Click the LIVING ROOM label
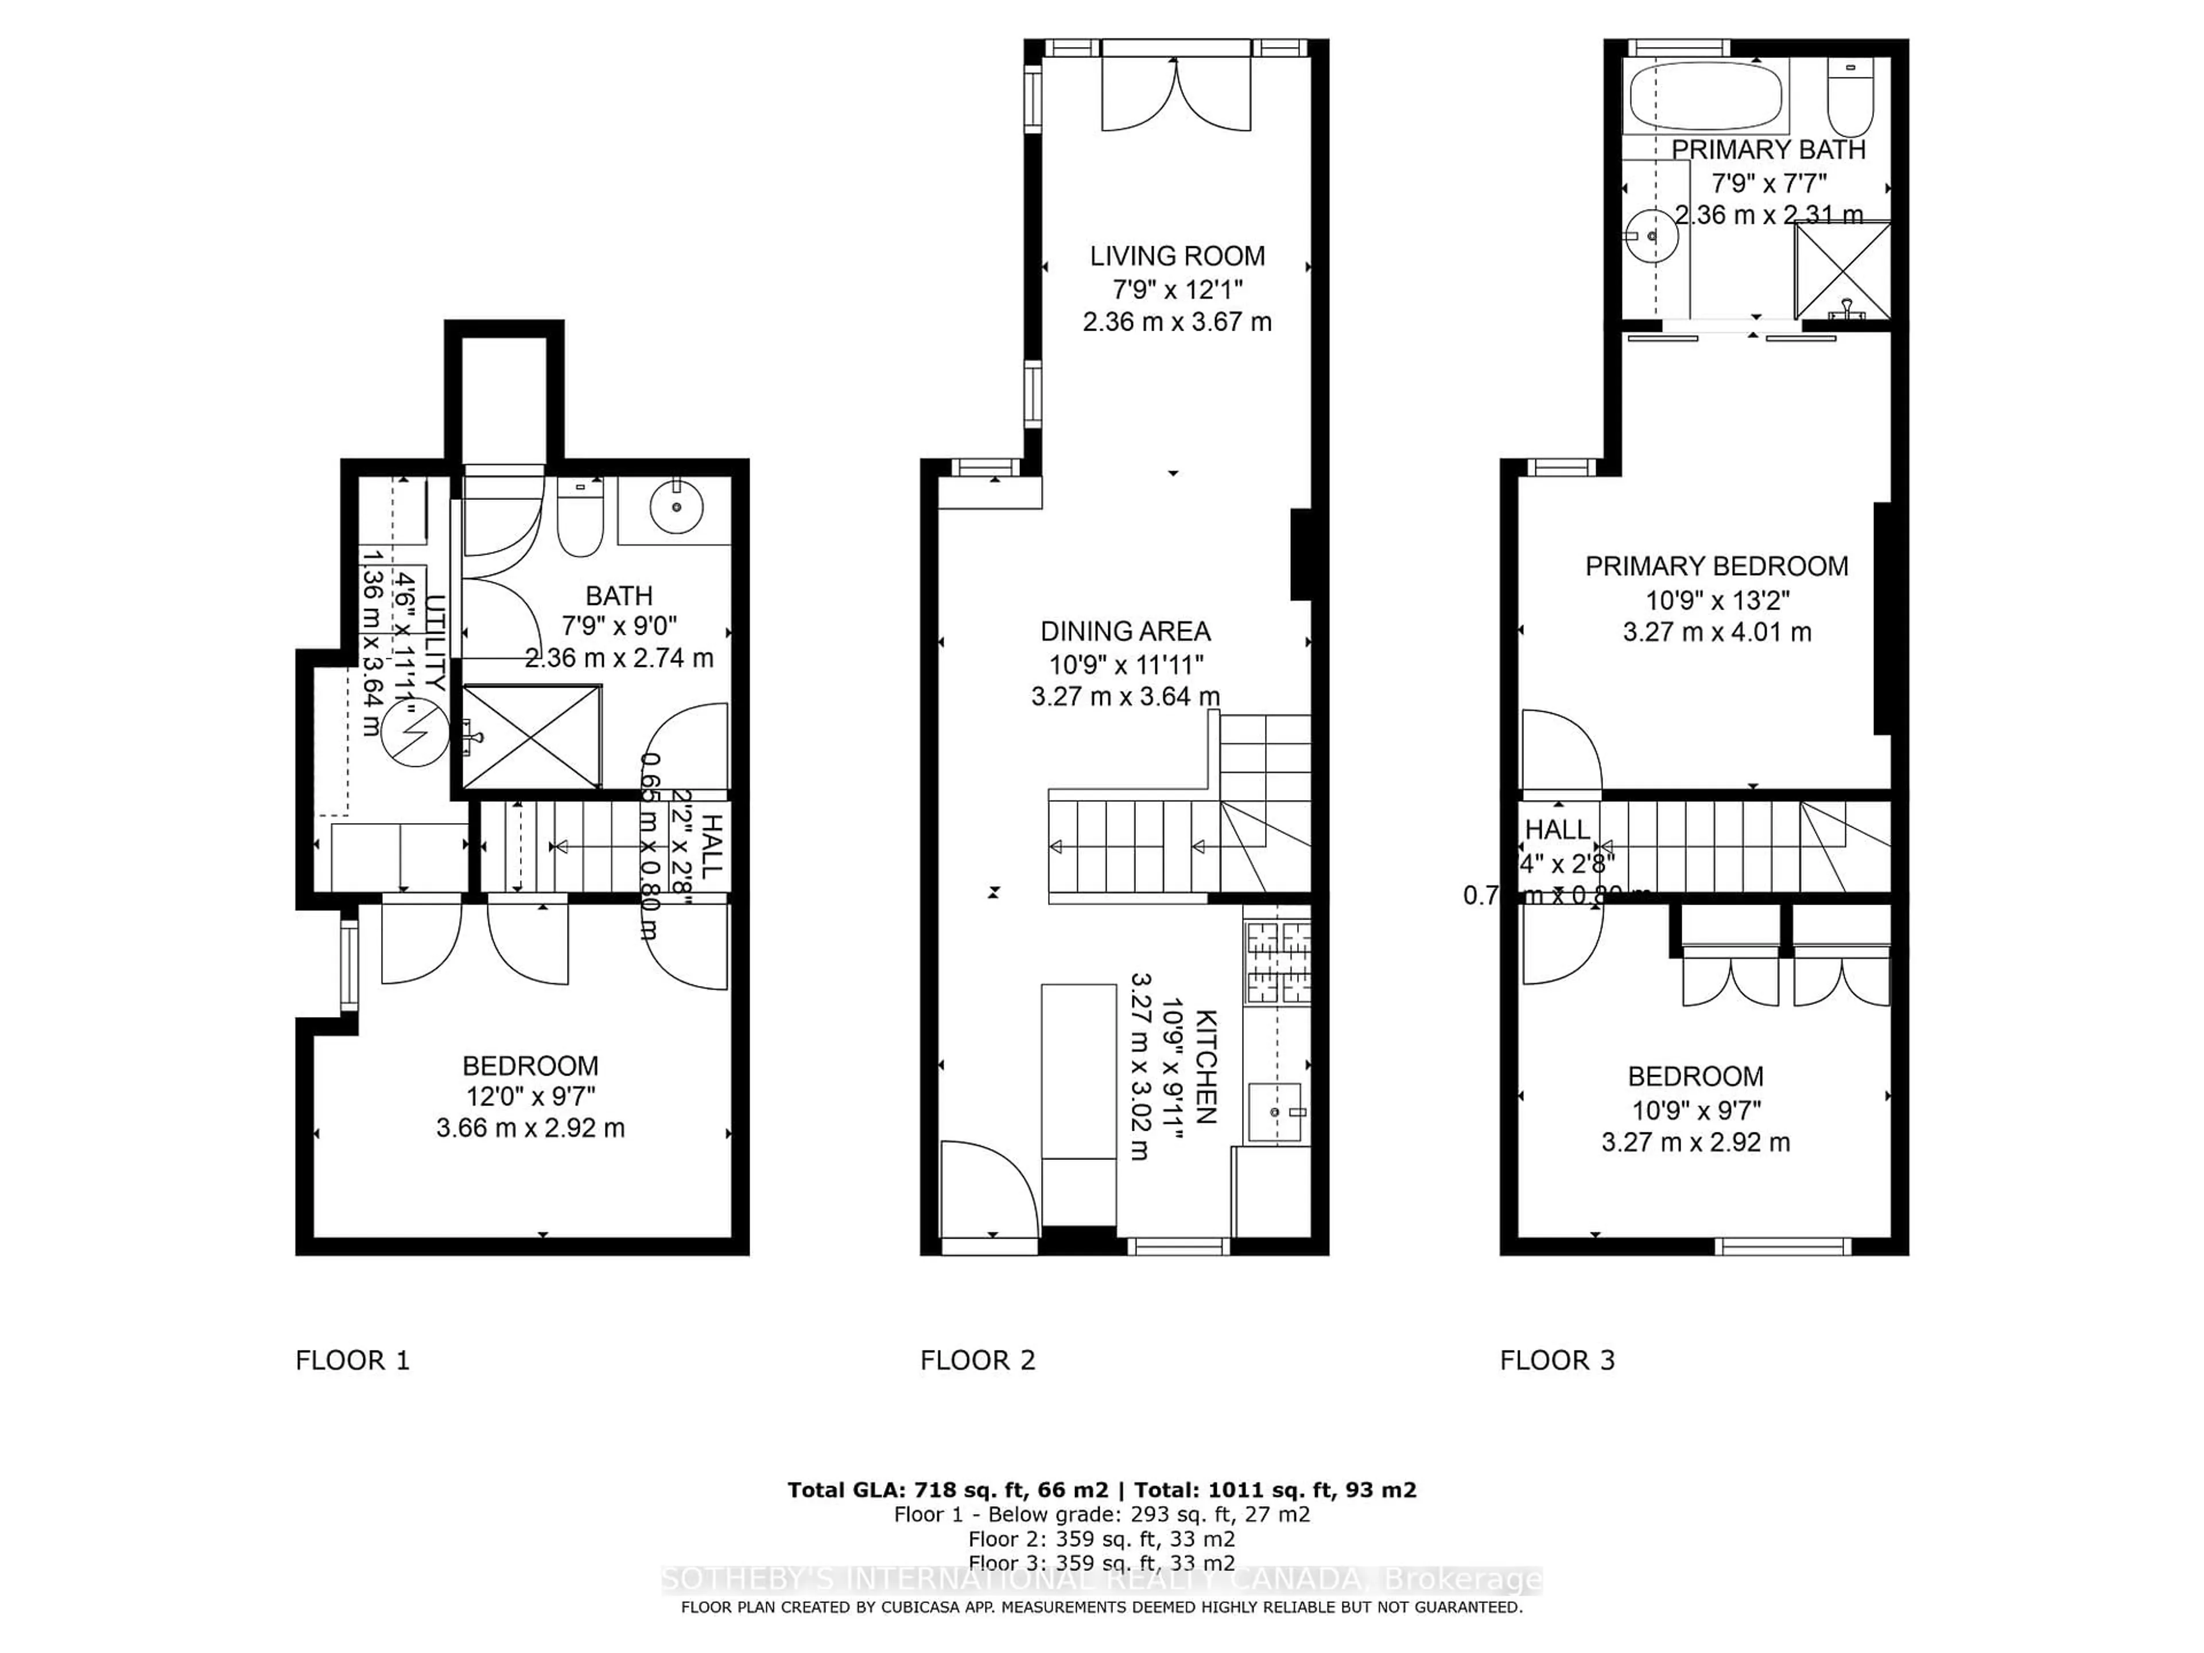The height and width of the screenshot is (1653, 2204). (1177, 256)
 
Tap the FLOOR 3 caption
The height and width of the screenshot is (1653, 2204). (1557, 1360)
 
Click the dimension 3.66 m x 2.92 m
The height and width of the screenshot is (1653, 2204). (530, 1128)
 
